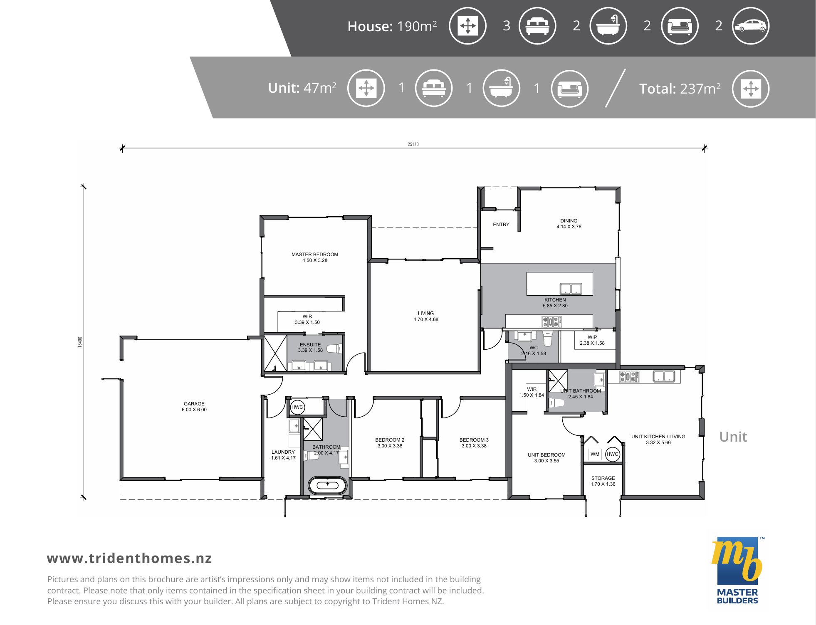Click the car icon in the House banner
tap(750, 26)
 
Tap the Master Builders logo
tap(737, 570)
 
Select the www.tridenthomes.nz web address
tap(129, 558)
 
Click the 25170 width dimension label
tap(413, 144)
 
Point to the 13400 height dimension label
tap(80, 342)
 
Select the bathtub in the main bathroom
tap(327, 485)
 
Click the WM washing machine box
tap(595, 454)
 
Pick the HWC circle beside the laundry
tap(297, 407)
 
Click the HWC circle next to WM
tap(613, 454)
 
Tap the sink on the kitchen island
tap(571, 289)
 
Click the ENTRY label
tap(501, 225)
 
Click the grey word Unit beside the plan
tap(733, 437)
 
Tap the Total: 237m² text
tap(680, 89)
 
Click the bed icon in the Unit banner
tap(434, 88)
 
